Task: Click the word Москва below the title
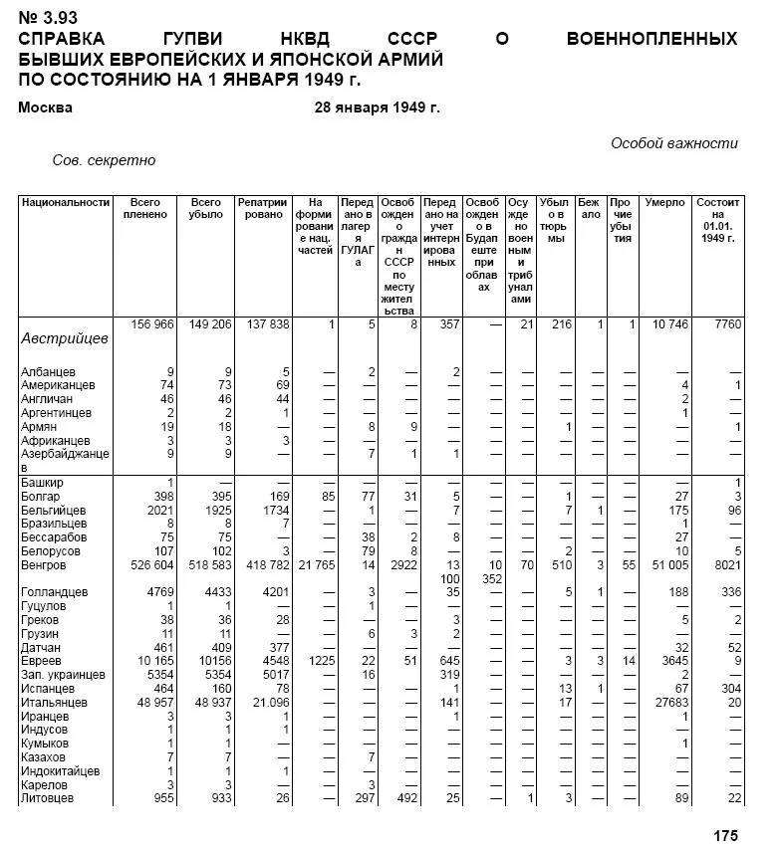point(45,107)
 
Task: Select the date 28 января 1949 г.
point(377,107)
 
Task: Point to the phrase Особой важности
point(674,143)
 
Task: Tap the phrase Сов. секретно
point(104,160)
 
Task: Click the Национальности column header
point(65,202)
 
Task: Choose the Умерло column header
point(664,202)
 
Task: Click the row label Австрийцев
point(64,338)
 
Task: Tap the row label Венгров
point(43,565)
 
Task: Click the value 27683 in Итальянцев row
point(669,703)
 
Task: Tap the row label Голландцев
point(54,592)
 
